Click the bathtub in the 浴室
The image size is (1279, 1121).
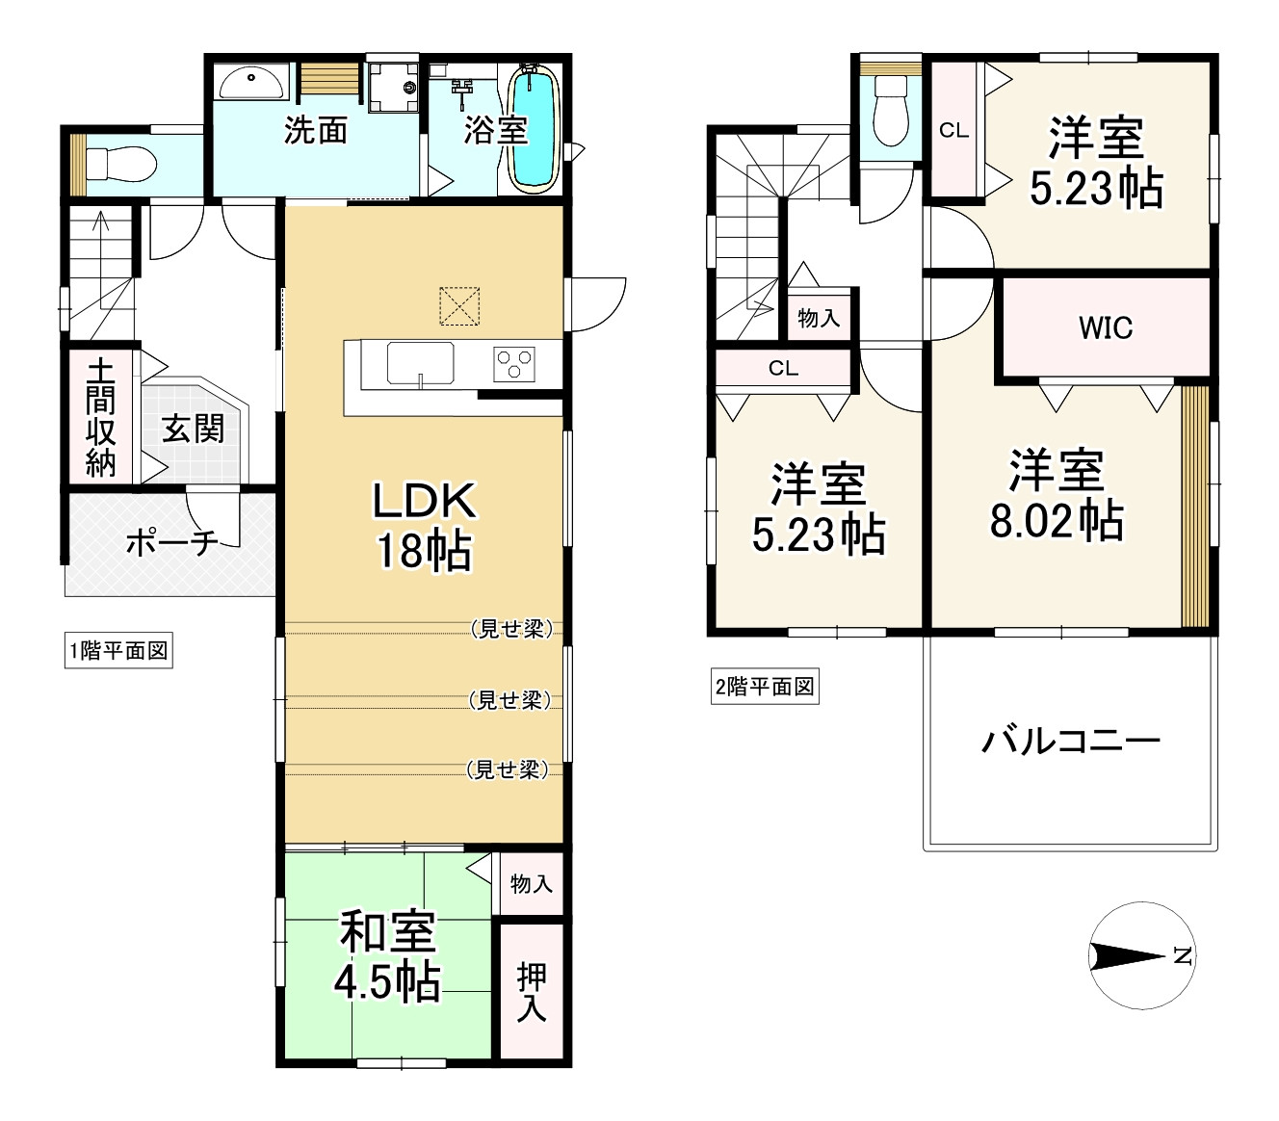coord(534,128)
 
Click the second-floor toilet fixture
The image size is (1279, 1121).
coord(890,112)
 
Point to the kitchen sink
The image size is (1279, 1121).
coord(420,363)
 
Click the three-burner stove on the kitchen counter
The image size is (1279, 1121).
coord(514,365)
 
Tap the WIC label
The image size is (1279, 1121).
coord(1106,328)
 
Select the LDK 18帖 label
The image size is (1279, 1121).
coord(424,525)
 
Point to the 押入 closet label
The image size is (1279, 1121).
coord(531,993)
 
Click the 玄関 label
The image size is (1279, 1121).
coord(194,430)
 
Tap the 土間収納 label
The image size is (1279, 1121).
coord(101,419)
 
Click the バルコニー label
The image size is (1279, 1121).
coord(1071,741)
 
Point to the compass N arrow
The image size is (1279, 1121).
coord(1128,956)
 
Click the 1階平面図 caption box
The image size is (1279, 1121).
coord(118,651)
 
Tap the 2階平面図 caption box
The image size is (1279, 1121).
coord(765,687)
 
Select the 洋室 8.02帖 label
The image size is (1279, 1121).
coord(1057,495)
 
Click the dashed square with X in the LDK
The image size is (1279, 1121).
coord(459,306)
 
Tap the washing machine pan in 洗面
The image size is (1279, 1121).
coord(393,87)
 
